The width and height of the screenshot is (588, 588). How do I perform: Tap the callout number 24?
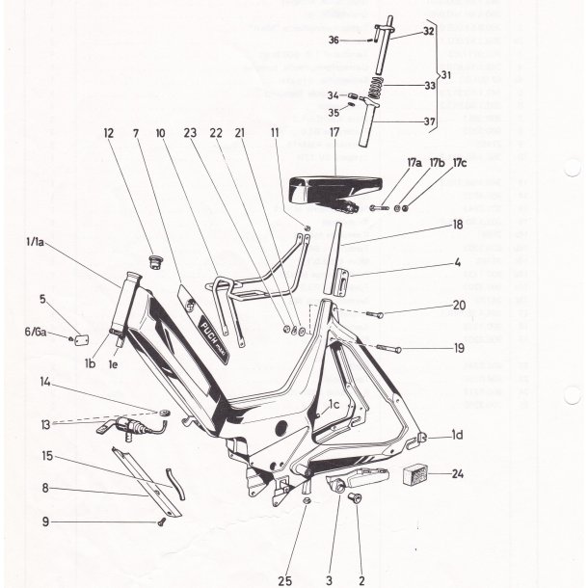pos(457,474)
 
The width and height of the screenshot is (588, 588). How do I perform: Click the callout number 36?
pos(334,40)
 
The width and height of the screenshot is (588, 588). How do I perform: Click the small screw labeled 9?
pos(162,521)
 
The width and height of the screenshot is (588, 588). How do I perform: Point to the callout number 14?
pos(44,383)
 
